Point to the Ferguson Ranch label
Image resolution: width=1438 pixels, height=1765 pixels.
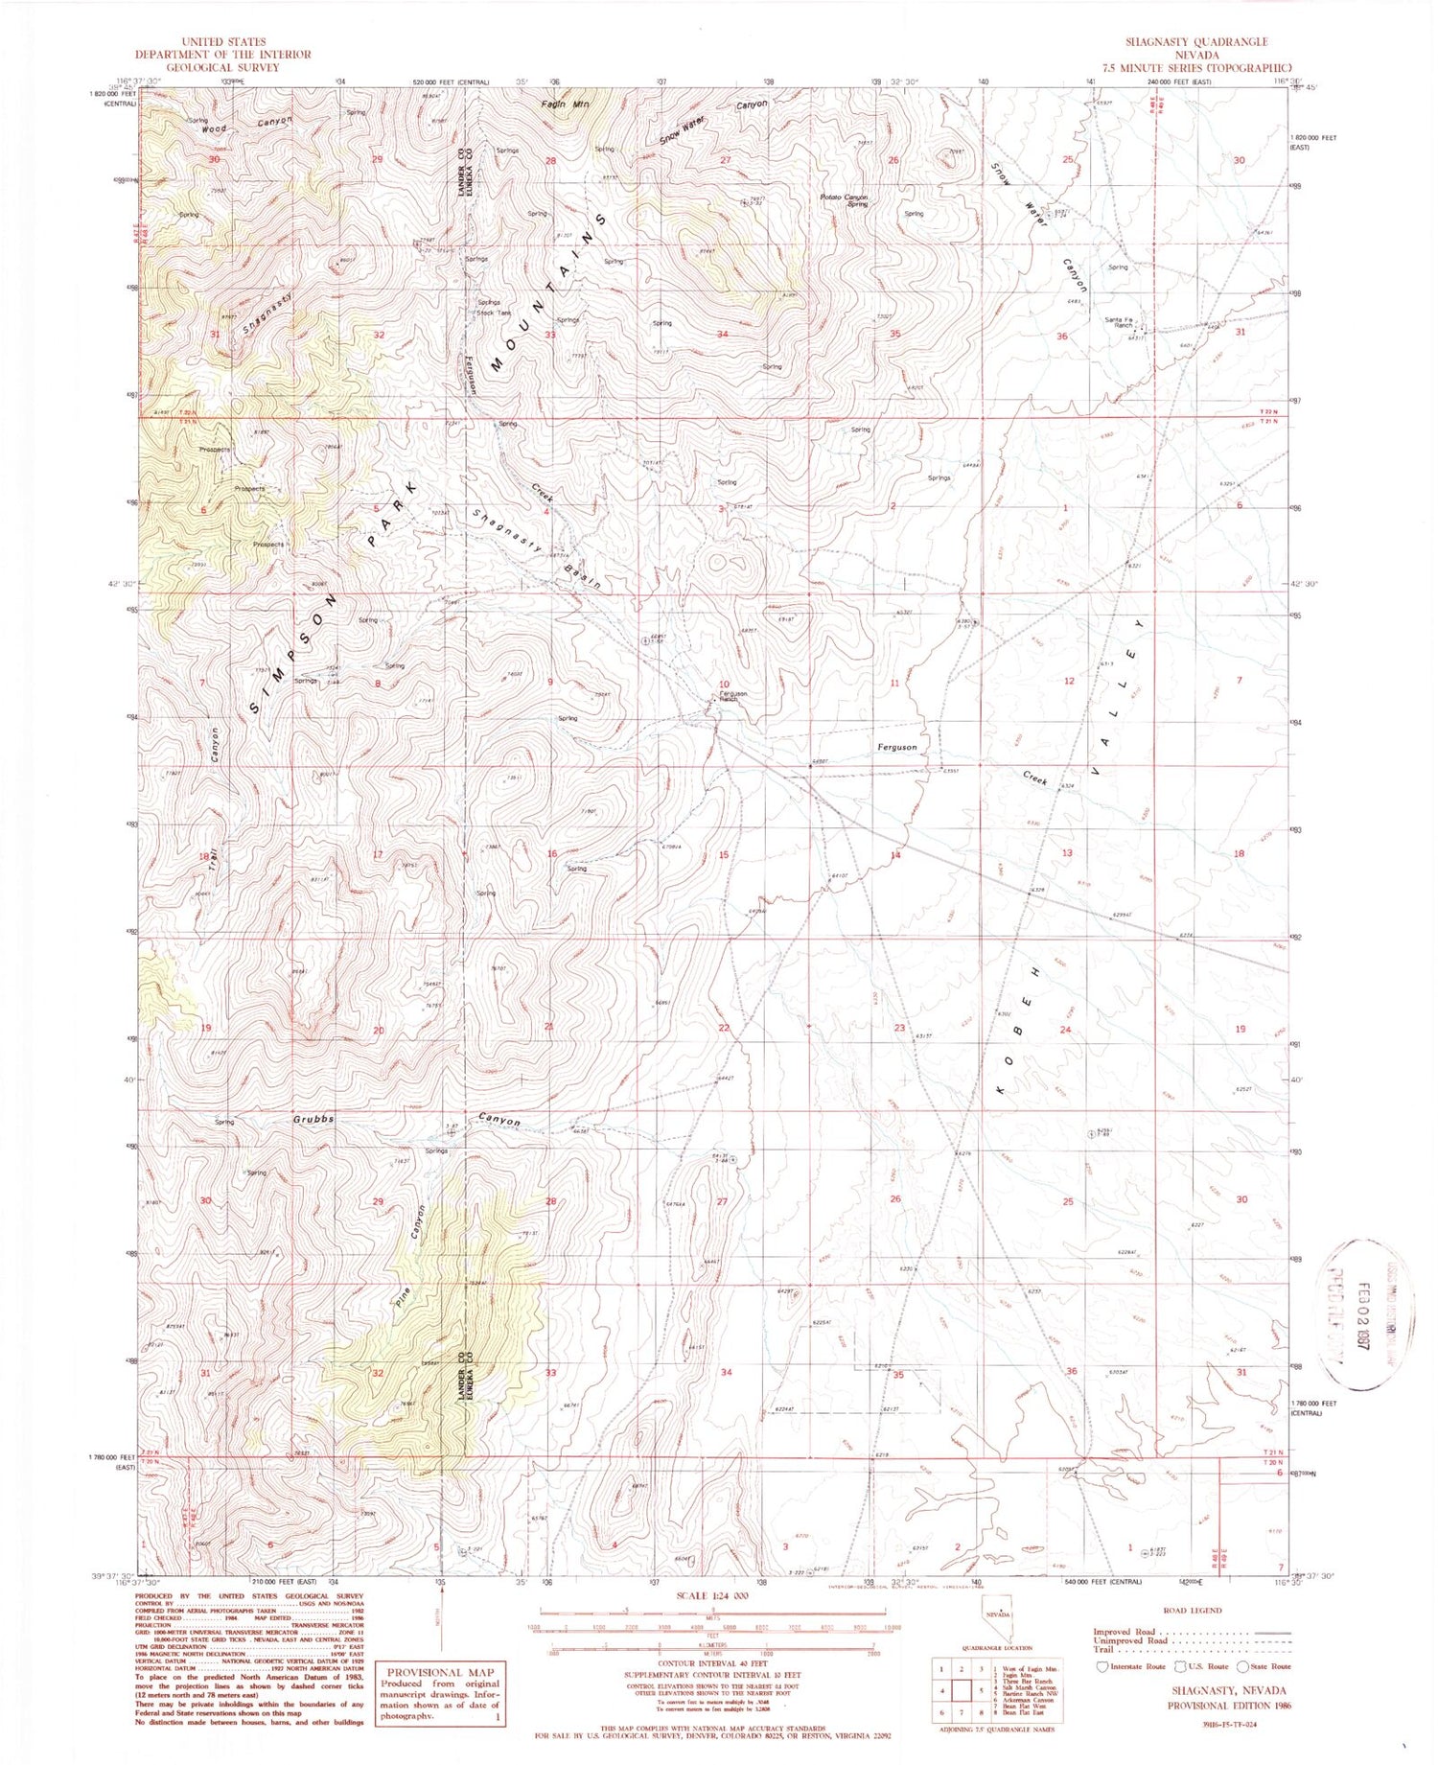(733, 696)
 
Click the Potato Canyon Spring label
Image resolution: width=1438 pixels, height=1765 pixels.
(844, 200)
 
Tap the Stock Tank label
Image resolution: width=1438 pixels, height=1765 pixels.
(494, 313)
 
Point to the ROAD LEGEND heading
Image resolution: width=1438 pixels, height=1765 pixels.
(1191, 1611)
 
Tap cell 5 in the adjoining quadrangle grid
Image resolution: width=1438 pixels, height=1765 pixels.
(963, 1691)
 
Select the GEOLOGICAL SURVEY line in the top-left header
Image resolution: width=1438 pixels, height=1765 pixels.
(222, 67)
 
